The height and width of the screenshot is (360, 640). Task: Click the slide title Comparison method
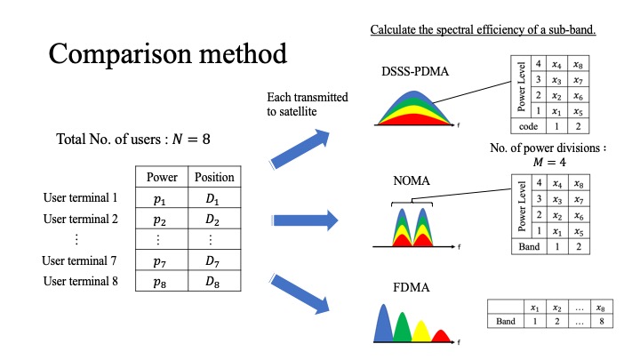(168, 53)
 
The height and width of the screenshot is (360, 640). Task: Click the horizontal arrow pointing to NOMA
(304, 220)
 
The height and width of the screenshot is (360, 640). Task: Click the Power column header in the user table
(161, 176)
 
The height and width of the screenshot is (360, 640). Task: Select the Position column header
(213, 176)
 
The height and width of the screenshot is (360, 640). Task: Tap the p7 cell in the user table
(161, 260)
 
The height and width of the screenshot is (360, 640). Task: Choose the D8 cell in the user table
(213, 282)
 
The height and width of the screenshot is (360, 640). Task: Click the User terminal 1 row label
(80, 197)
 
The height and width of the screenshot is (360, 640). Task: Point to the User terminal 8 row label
(80, 282)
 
